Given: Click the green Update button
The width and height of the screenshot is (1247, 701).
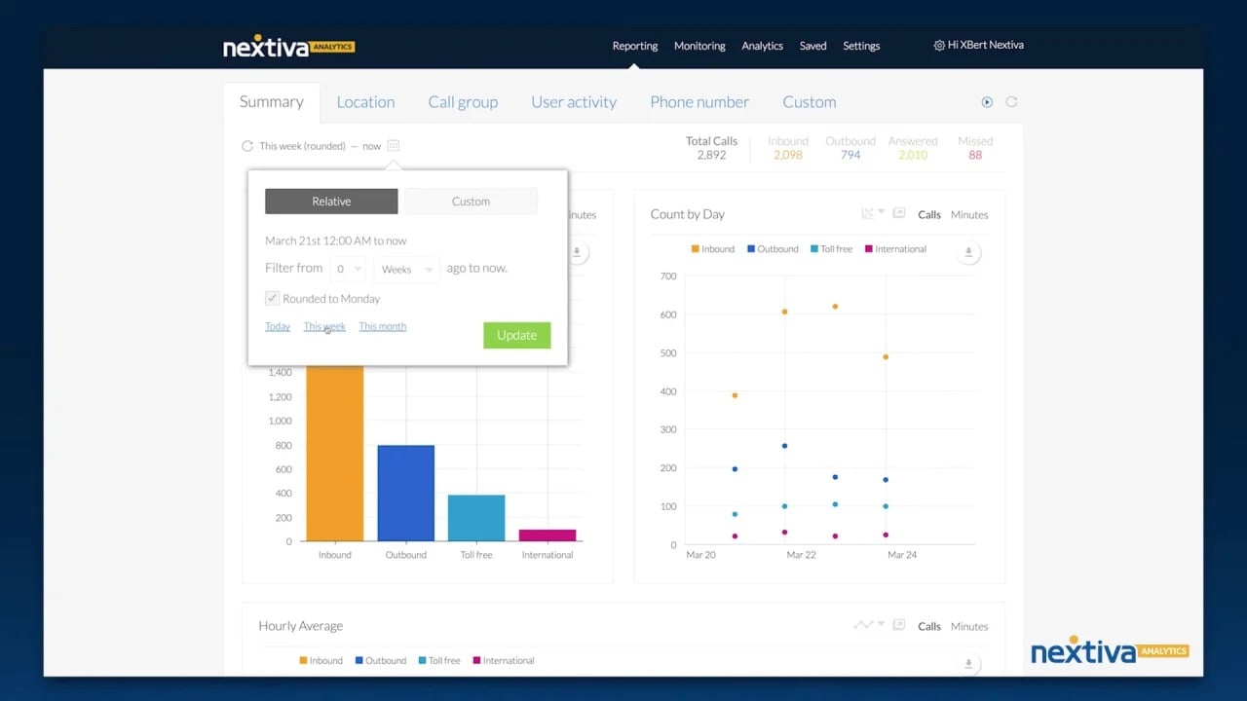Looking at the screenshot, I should coord(516,335).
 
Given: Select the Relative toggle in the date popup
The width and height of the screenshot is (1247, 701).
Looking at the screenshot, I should coord(331,202).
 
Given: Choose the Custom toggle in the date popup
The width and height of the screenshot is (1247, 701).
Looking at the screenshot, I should coord(471,202).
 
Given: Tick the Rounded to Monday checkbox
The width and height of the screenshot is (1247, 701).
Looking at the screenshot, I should coord(273,299).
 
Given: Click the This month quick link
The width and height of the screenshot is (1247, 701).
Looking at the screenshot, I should coord(382,326).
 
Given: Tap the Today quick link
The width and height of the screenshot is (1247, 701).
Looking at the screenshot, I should coord(278,326).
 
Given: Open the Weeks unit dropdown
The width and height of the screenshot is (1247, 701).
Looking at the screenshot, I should coord(406,270).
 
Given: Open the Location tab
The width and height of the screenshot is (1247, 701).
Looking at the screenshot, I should coord(365,102).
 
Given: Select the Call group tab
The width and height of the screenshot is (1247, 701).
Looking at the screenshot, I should coord(463,102).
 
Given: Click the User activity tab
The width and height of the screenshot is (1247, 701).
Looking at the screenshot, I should coord(574,102).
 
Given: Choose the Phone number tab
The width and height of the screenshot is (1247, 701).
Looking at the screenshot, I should coord(699,102).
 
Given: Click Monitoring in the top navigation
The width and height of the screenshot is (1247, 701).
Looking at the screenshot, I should coord(699,46).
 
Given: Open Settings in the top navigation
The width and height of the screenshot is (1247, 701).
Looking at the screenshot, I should coord(861,46).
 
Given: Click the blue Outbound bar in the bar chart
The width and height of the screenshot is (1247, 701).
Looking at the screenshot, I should coord(405,493).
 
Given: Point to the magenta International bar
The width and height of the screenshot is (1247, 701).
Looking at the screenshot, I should coord(548,535).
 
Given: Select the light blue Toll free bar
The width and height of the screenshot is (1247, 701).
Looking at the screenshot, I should coord(476,518).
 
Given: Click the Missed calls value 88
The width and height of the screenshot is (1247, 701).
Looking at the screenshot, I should coord(975,155).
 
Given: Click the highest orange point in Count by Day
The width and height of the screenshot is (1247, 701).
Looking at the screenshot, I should coord(835,307).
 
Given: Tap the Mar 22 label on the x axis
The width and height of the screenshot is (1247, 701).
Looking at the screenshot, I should coord(801,555).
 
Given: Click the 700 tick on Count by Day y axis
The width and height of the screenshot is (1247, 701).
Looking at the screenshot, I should coord(667,277).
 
